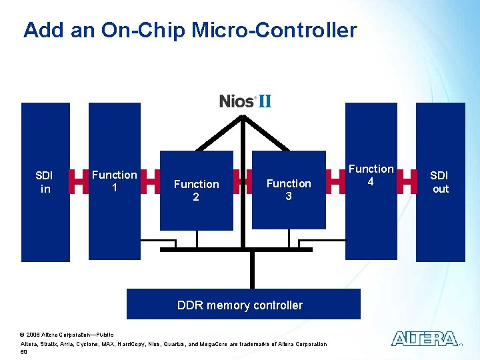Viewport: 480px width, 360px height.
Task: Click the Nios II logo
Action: pos(245,101)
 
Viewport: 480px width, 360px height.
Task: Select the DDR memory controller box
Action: pos(243,305)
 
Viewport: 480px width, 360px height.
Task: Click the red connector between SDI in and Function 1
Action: pos(79,181)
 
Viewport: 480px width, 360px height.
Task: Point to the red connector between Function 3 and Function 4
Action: pos(335,181)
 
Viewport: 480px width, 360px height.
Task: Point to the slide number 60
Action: pos(25,351)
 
